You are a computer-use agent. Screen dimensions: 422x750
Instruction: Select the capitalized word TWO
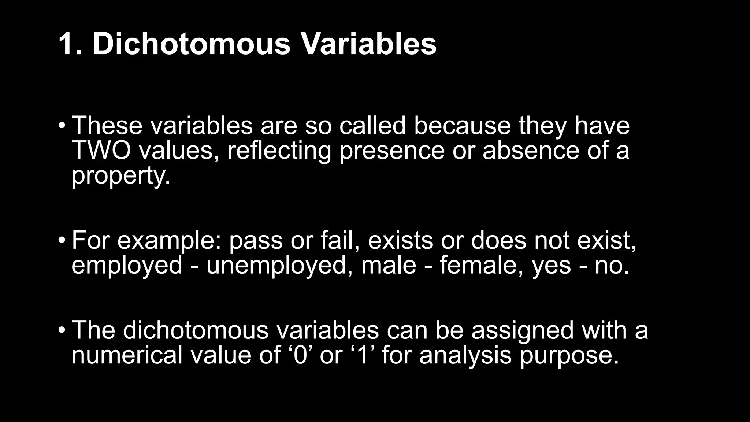tap(101, 151)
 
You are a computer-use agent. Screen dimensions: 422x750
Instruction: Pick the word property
tap(121, 177)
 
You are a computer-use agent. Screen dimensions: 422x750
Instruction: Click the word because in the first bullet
tap(462, 126)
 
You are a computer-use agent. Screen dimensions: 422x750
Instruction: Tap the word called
tap(372, 126)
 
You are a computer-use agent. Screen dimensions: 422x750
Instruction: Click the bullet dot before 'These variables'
tap(62, 126)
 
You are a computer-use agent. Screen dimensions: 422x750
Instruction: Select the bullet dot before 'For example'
tap(62, 241)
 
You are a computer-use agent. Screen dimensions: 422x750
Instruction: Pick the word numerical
tap(127, 356)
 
